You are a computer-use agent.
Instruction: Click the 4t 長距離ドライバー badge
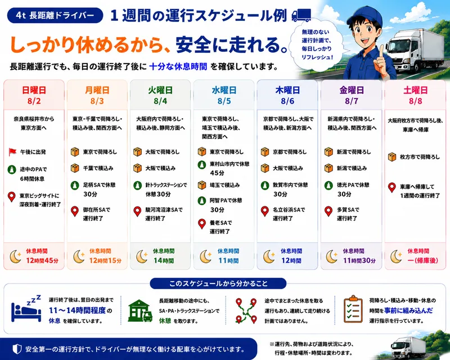tap(55, 15)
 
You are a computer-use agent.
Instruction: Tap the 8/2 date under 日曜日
tap(34, 101)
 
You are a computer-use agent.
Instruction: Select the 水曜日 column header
tap(224, 90)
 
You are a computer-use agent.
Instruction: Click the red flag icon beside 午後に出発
tap(12, 151)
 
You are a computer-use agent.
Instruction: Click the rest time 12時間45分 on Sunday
tap(42, 260)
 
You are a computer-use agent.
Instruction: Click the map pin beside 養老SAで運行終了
tap(202, 224)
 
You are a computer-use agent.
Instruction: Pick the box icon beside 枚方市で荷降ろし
tap(391, 157)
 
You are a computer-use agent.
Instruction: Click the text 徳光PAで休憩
tap(353, 185)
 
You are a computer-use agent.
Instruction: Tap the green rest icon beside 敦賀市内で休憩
tap(265, 186)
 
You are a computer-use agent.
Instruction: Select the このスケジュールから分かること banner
tap(218, 283)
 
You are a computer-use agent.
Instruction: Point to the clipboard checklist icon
tap(353, 309)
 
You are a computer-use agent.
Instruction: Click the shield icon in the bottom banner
tap(17, 349)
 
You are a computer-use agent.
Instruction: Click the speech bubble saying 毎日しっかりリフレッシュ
tap(317, 45)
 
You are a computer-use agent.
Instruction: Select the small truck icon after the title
tap(301, 15)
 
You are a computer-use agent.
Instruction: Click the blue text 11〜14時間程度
tap(77, 310)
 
